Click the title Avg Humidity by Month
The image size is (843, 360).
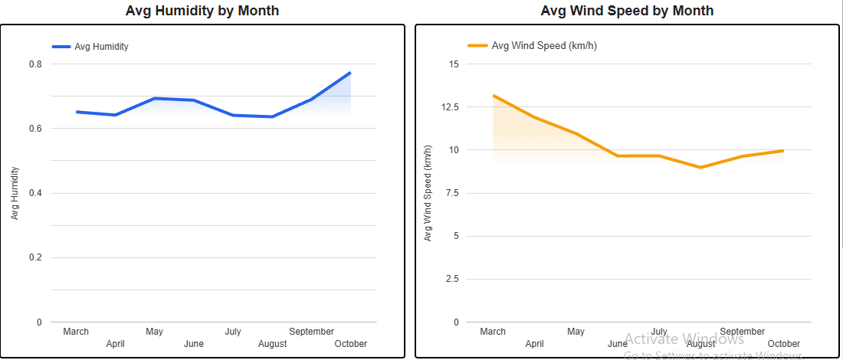coord(202,11)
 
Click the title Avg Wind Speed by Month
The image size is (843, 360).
coord(627,11)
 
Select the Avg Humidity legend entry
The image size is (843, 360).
coord(100,47)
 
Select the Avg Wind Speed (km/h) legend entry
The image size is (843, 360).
coord(543,46)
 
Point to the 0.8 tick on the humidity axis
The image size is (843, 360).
coord(35,64)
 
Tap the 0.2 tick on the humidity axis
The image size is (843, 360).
coord(35,257)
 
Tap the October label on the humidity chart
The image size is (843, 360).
coord(351,344)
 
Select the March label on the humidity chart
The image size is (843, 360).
coord(76,332)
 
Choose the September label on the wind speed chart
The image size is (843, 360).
coord(743,332)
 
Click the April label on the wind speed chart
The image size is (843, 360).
coord(534,344)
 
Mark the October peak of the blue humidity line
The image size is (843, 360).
coord(350,73)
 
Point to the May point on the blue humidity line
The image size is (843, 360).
coord(154,98)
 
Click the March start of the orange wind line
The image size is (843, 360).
coord(493,96)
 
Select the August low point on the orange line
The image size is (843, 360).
coord(700,167)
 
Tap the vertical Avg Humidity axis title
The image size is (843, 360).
coord(15,194)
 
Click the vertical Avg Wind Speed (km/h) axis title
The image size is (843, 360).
coord(428,193)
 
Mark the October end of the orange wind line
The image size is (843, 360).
coord(783,150)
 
